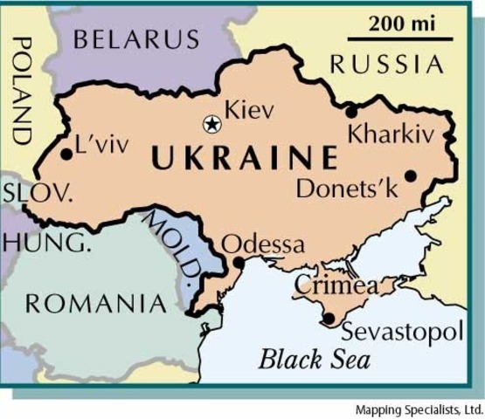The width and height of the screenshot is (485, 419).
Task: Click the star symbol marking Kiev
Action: point(211,124)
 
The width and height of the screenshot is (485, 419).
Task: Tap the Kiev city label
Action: point(249,111)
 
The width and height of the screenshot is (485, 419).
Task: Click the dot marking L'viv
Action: point(67,155)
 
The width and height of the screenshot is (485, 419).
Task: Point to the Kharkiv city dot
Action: point(351,112)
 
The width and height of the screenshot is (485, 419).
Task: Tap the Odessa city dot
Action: point(239,262)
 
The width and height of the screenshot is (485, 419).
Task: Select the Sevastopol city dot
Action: point(328,319)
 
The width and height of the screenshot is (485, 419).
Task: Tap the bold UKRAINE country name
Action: point(244,159)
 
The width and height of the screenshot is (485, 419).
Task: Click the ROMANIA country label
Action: point(95,304)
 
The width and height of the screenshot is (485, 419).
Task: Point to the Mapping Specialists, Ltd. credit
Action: point(419,409)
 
